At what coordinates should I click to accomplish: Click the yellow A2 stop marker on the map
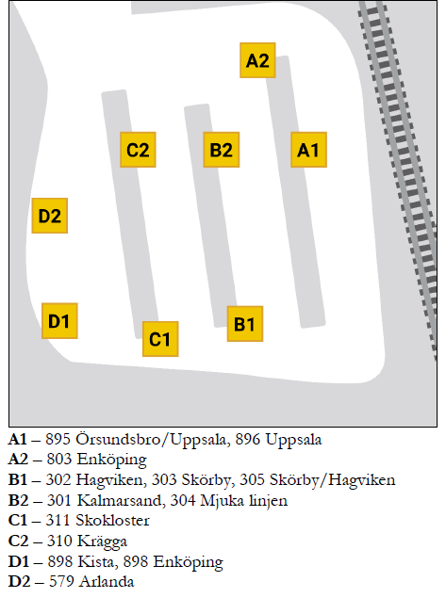point(257,60)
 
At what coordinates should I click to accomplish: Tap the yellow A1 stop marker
point(308,150)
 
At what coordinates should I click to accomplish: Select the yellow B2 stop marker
point(222,150)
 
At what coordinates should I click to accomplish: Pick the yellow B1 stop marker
point(245,323)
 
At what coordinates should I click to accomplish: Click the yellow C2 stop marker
point(138,150)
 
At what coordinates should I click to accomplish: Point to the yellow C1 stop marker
point(160,339)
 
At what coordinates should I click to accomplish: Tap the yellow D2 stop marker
point(50,216)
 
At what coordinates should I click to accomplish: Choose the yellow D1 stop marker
point(59,321)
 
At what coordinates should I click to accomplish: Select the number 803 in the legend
point(58,460)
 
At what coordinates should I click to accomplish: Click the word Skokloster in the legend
point(112,521)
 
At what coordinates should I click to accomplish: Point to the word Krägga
point(102,541)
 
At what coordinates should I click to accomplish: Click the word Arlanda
point(107,582)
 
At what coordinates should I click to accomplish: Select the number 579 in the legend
point(60,582)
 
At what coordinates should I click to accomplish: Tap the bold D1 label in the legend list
point(18,562)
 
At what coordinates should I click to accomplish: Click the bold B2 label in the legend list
point(18,500)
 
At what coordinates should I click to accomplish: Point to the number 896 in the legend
point(247,440)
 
